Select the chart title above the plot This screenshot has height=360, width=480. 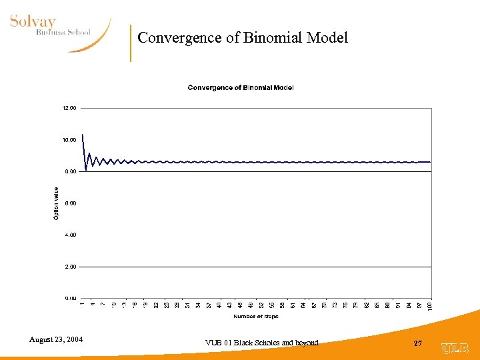(x=241, y=87)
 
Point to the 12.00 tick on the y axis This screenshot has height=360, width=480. (x=69, y=108)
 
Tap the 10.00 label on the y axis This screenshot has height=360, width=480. (x=69, y=140)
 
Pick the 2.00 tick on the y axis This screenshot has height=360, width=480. (x=71, y=267)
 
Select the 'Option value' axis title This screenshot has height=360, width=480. (x=57, y=203)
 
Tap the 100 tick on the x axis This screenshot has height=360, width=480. (x=429, y=305)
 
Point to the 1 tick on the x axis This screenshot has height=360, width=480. (x=82, y=305)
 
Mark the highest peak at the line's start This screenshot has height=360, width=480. (x=82, y=135)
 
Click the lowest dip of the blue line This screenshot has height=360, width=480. (x=86, y=170)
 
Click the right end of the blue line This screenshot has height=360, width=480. (x=430, y=162)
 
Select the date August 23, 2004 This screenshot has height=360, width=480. (x=56, y=340)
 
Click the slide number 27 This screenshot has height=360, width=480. (x=418, y=343)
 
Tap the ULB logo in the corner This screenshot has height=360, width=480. (x=455, y=347)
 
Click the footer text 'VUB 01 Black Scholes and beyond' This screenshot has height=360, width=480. (x=263, y=343)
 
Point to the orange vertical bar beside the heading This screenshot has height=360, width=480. (x=131, y=43)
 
